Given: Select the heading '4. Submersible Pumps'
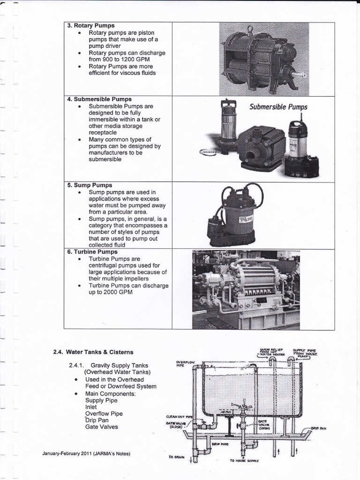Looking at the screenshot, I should (99, 99).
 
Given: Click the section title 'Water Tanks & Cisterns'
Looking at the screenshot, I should (99, 352).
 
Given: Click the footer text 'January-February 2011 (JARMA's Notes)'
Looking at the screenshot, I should (86, 453).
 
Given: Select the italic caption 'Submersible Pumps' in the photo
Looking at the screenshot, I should (278, 107).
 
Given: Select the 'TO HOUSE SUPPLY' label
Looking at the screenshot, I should (244, 460).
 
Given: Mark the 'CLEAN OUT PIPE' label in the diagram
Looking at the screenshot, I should (179, 415).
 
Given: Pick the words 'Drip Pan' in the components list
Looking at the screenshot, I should (97, 420).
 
